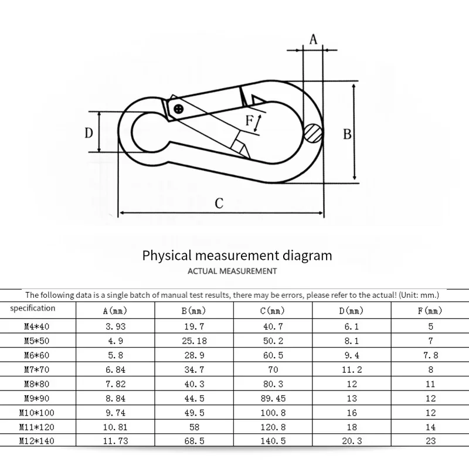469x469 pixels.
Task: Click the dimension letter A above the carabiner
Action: click(x=313, y=40)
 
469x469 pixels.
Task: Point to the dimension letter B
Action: click(x=347, y=134)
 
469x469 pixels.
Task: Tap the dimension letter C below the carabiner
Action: click(x=219, y=203)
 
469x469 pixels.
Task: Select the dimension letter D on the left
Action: click(x=89, y=132)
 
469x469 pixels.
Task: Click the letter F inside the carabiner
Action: click(x=249, y=121)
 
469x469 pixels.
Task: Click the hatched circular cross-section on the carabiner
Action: click(x=313, y=132)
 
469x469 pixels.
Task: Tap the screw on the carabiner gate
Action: click(x=179, y=108)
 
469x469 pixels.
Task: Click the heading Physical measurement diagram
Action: click(x=237, y=256)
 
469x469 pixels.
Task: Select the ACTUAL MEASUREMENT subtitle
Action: click(x=232, y=271)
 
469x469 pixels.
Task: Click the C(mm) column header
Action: click(x=272, y=311)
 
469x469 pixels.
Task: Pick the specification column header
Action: click(x=33, y=308)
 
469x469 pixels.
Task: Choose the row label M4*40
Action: click(x=33, y=326)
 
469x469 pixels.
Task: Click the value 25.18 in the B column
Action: click(x=193, y=341)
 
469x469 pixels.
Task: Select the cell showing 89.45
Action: click(x=272, y=397)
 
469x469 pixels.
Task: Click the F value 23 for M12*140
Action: click(x=430, y=440)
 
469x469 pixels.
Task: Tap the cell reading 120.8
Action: click(x=272, y=426)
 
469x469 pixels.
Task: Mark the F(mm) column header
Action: click(x=430, y=311)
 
